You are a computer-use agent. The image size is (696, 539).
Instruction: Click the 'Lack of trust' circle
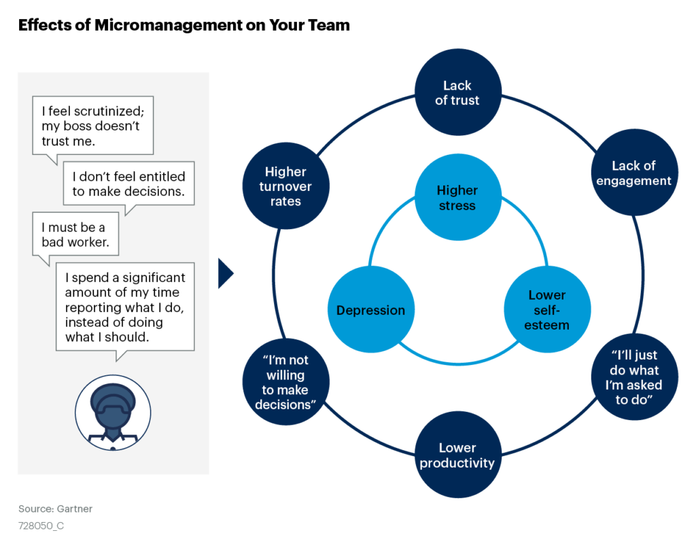pyautogui.click(x=457, y=92)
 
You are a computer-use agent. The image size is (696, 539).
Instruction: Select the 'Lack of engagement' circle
pyautogui.click(x=633, y=173)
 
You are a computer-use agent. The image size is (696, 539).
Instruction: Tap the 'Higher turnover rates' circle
pyautogui.click(x=285, y=186)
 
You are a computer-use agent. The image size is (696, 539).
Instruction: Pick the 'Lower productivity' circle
pyautogui.click(x=457, y=455)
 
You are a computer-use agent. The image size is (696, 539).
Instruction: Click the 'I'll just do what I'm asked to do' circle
pyautogui.click(x=635, y=377)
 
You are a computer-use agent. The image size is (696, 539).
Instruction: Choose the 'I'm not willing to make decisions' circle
pyautogui.click(x=286, y=382)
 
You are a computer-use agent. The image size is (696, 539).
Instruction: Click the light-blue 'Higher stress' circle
pyautogui.click(x=457, y=198)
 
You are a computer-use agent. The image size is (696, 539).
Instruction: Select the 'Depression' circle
pyautogui.click(x=370, y=311)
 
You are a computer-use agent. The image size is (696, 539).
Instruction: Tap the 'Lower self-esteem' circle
pyautogui.click(x=546, y=310)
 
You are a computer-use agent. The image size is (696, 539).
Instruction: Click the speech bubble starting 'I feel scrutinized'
pyautogui.click(x=92, y=126)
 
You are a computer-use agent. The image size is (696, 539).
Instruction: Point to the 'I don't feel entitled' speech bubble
pyautogui.click(x=128, y=184)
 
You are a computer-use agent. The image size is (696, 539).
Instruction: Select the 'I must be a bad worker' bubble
pyautogui.click(x=74, y=235)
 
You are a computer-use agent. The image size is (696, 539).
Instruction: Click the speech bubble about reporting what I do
pyautogui.click(x=124, y=307)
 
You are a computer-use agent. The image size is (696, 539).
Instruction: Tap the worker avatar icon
pyautogui.click(x=113, y=412)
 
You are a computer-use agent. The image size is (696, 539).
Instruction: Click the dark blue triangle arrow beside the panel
pyautogui.click(x=226, y=273)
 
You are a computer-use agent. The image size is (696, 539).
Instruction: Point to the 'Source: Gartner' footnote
pyautogui.click(x=56, y=508)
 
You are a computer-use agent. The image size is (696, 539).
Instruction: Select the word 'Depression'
pyautogui.click(x=370, y=311)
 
